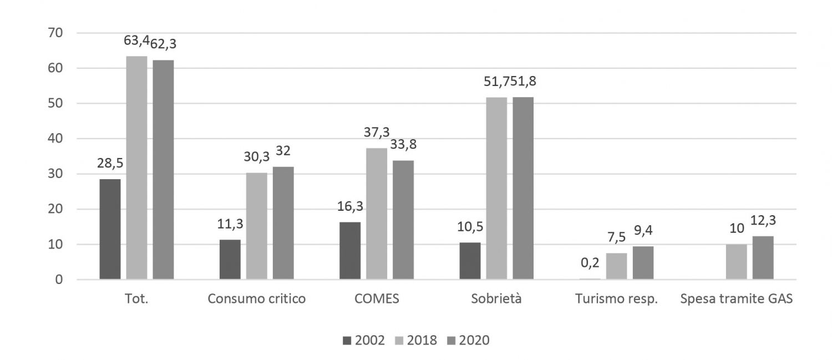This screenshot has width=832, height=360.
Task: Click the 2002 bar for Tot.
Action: point(110,229)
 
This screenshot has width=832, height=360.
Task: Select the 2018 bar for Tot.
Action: point(136,168)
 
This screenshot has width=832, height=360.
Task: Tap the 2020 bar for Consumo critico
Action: point(283,223)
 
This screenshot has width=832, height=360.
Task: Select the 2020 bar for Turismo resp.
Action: point(643,263)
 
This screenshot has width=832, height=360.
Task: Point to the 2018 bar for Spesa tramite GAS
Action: point(736,262)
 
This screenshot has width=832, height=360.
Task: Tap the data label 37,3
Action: point(377,132)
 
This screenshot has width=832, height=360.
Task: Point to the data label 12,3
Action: point(764,221)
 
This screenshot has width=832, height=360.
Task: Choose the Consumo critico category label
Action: point(256,300)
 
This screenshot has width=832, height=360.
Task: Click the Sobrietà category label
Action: point(496,300)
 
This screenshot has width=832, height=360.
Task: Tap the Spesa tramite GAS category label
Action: point(736,300)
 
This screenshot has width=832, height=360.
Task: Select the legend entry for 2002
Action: point(363,340)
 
